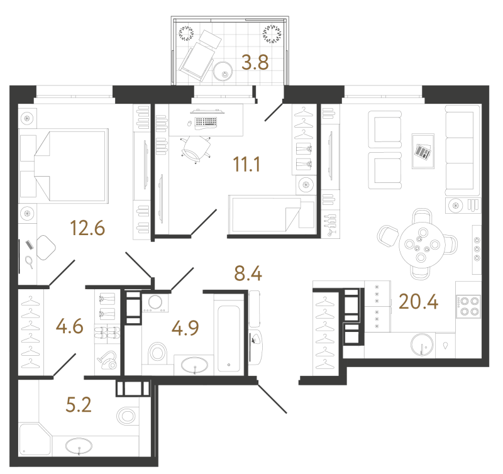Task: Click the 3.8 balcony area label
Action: (x=255, y=62)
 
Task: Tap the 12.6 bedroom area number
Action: (x=87, y=228)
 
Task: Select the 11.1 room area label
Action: (x=246, y=165)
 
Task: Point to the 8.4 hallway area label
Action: (x=248, y=273)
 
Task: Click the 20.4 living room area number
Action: (x=418, y=302)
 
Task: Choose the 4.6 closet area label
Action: (x=70, y=326)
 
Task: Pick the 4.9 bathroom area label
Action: (x=185, y=328)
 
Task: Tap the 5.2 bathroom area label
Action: (x=79, y=405)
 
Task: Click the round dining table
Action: (x=421, y=245)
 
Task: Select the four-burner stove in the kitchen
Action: (x=468, y=306)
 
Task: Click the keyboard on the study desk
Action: (x=206, y=123)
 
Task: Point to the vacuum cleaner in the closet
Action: (x=108, y=360)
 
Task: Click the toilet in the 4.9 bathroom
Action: (x=158, y=353)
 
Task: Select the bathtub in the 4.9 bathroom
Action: (x=228, y=338)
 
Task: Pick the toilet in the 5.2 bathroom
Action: (x=127, y=416)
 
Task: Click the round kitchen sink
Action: (x=422, y=344)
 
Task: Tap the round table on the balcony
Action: (x=223, y=72)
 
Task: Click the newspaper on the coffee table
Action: (x=423, y=151)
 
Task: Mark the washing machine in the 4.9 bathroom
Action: (x=155, y=303)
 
